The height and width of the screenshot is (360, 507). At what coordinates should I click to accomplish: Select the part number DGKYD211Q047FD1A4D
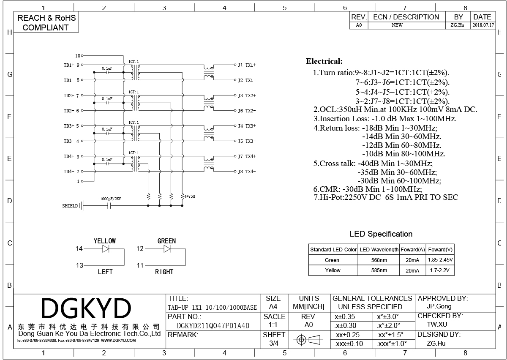213,325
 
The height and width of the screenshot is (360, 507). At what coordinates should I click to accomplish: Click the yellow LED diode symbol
106,249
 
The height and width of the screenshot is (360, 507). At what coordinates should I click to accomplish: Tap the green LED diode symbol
167,249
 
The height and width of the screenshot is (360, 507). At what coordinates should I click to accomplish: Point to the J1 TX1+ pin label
246,65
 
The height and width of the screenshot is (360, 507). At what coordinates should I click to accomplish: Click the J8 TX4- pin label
246,172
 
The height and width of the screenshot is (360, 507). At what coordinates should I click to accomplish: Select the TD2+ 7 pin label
71,95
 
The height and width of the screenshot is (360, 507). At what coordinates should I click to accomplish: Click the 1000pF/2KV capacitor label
110,199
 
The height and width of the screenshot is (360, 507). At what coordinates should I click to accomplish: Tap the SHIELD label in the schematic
70,206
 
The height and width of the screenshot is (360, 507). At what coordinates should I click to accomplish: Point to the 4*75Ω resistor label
189,196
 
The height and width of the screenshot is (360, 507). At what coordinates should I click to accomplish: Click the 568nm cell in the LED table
379,260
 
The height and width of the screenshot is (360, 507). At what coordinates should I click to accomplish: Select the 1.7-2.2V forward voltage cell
440,270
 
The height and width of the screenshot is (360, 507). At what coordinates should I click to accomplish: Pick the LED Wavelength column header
379,249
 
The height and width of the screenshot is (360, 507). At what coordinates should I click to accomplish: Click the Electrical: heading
324,62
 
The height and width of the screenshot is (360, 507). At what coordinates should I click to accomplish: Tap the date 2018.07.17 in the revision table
482,25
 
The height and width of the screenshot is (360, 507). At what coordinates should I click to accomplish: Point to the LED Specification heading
381,234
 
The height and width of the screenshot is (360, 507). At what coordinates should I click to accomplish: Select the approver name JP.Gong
439,306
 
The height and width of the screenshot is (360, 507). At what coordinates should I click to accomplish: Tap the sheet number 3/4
274,343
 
